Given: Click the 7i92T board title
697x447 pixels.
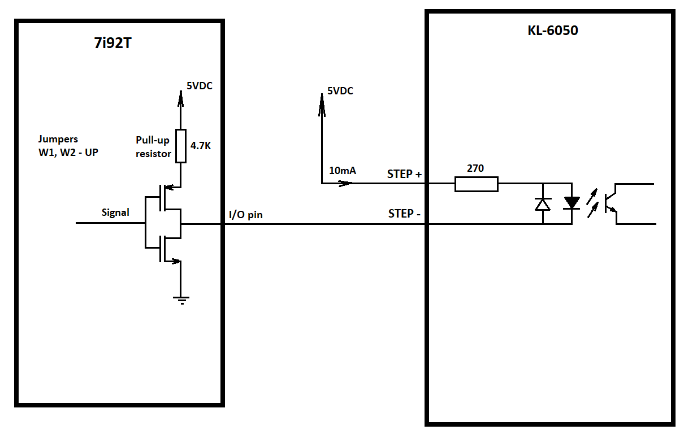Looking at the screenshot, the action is (x=113, y=43).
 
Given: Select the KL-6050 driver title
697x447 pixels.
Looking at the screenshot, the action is (x=553, y=31).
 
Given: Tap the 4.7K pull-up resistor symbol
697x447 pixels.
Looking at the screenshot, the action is (x=181, y=146).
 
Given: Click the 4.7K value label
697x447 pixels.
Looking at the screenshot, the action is (x=201, y=146).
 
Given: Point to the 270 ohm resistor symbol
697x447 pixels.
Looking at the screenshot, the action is (x=477, y=184).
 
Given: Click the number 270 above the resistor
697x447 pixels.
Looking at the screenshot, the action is (x=475, y=168).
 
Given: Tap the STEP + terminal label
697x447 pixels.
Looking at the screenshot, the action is (x=404, y=174).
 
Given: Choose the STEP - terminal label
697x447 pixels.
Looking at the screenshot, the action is (x=404, y=214).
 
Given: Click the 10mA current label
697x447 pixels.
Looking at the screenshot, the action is (x=343, y=171).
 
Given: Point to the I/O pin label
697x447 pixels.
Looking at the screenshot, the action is (x=246, y=215).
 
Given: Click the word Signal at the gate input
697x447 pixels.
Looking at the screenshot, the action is (x=115, y=212).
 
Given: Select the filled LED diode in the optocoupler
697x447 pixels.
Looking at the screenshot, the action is (x=572, y=203).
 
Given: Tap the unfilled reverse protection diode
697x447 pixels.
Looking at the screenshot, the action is (x=543, y=205).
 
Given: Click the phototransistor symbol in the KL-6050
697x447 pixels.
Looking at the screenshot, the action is (x=612, y=204).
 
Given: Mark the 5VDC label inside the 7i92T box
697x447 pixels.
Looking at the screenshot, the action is (x=200, y=86).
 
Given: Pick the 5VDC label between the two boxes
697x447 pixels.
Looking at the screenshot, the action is (x=340, y=91).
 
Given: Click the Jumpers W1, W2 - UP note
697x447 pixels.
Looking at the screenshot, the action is (x=68, y=146).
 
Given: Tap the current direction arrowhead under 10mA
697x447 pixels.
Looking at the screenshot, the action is (x=345, y=184).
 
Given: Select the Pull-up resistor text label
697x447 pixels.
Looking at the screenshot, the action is (x=153, y=147).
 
